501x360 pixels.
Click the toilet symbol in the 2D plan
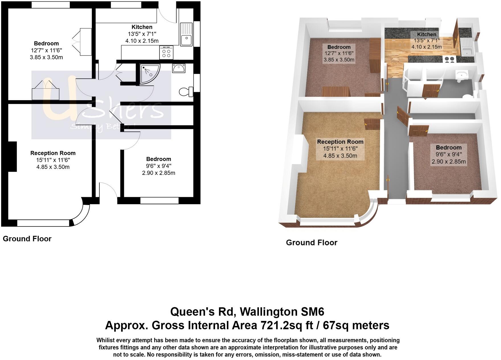[x=186, y=92]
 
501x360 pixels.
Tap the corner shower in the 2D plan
[x=149, y=74]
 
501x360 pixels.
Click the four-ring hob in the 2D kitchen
[x=167, y=52]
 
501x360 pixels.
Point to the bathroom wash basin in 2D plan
[x=179, y=68]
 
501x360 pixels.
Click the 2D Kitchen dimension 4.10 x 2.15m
[x=142, y=41]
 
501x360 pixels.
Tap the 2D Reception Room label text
[x=53, y=153]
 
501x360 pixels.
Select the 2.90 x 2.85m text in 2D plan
[x=158, y=173]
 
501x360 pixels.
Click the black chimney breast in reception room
[x=12, y=156]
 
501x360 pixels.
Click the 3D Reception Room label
[x=340, y=142]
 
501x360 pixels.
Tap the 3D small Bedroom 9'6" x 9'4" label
[x=449, y=154]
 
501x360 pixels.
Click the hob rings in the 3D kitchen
[x=449, y=59]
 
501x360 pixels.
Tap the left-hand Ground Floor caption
[x=27, y=239]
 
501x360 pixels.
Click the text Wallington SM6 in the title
[x=282, y=312]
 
